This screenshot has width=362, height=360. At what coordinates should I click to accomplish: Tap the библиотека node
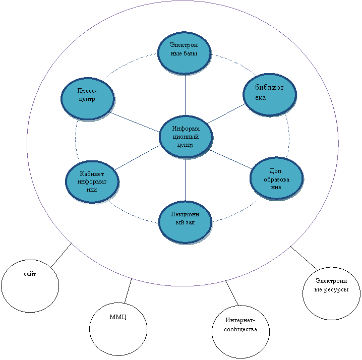click(269, 94)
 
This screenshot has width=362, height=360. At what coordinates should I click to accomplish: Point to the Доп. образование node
click(276, 178)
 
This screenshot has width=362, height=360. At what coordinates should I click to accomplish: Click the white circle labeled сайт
click(30, 286)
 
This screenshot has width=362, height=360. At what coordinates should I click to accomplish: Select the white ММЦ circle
click(118, 329)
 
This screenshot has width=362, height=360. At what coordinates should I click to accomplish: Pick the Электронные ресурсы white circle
click(331, 293)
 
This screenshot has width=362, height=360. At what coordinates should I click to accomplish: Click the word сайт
click(30, 274)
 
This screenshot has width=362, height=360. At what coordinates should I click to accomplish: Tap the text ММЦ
click(118, 317)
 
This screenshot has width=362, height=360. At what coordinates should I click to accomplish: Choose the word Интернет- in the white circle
click(240, 321)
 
